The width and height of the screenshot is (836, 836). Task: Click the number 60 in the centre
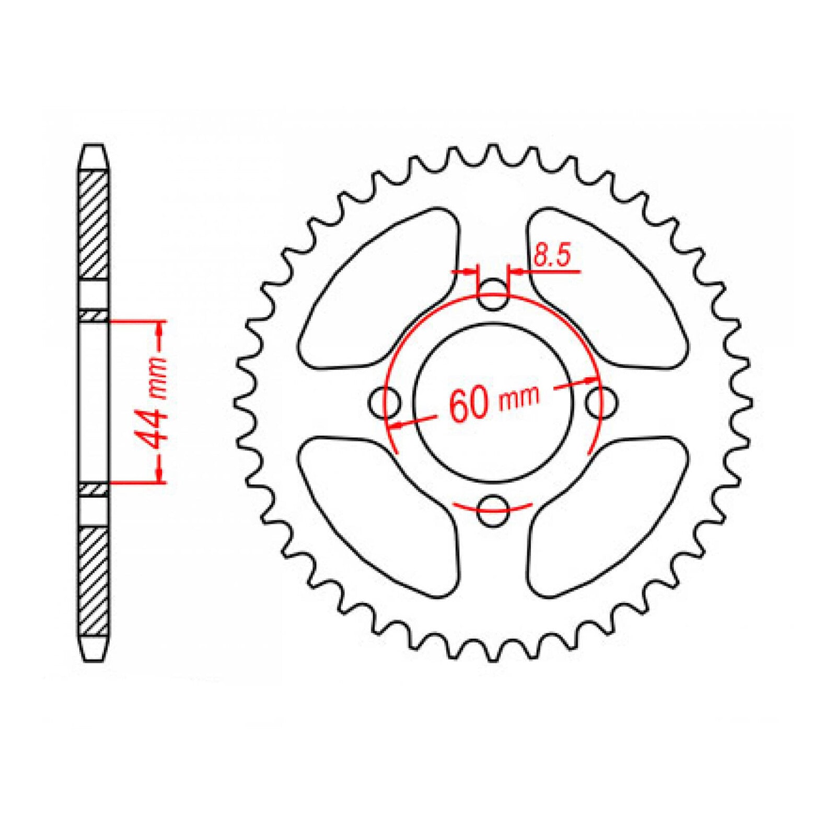pos(468,405)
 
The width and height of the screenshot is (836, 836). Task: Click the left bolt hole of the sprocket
pos(385,402)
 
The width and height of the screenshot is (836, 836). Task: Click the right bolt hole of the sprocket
pos(601,402)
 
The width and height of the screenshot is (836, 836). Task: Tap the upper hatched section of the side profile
pos(94,225)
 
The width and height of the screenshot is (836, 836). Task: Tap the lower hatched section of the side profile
pos(94,580)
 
